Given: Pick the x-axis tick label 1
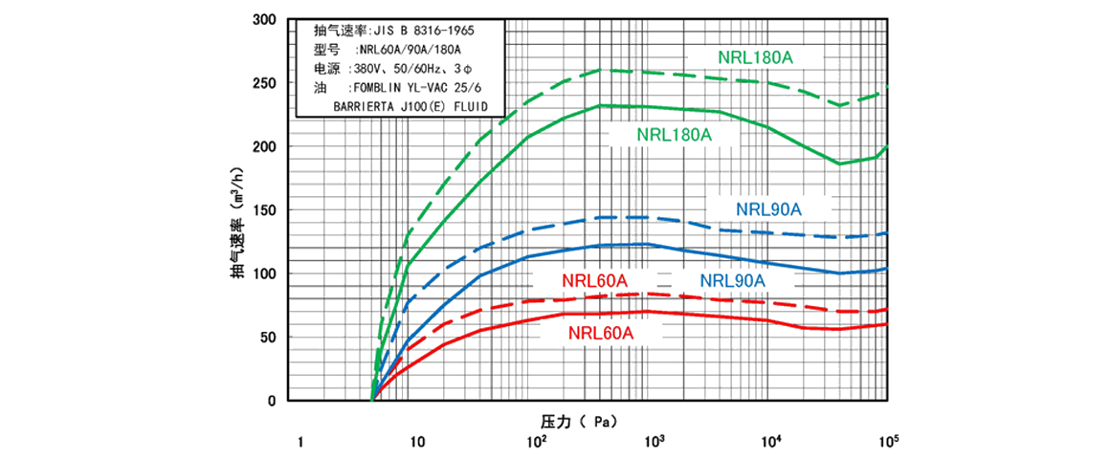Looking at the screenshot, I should pos(300,442).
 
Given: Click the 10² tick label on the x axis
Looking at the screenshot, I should pos(536,441).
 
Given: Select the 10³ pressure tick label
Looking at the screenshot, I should pos(654,441).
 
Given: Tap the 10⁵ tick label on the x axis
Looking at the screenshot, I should pos(889,441).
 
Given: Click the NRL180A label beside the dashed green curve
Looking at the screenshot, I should pos(756,57).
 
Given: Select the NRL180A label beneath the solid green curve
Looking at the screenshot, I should pos(675,135).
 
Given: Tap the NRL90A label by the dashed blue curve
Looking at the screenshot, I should pos(768,208).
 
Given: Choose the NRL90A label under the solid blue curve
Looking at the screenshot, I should pos(733,280).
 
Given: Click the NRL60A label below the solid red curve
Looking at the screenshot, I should pos(600,334).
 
